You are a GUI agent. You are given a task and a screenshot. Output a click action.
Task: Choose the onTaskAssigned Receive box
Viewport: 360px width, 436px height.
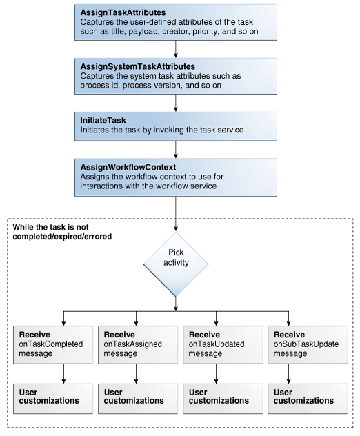(x=134, y=342)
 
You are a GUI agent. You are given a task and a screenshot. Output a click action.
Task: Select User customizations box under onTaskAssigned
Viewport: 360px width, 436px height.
(x=134, y=396)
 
